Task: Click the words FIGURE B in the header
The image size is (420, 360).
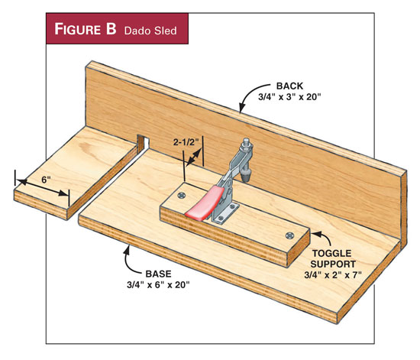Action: (86, 29)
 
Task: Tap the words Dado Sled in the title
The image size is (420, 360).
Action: (150, 31)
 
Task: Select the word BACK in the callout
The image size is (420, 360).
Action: (289, 86)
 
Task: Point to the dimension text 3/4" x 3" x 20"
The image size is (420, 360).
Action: (289, 97)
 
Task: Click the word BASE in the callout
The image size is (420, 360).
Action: (158, 274)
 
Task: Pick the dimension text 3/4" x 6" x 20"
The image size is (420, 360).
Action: (158, 284)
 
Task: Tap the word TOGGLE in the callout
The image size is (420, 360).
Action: (331, 253)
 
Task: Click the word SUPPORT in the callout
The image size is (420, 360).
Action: (333, 264)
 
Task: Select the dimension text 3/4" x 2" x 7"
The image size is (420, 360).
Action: (333, 275)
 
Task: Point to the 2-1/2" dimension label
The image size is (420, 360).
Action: (184, 142)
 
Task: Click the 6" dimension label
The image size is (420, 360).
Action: (46, 180)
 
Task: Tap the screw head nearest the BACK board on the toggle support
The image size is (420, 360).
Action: (182, 196)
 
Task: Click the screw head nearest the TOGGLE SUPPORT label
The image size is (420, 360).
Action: (290, 235)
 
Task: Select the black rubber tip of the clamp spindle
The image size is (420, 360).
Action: (245, 177)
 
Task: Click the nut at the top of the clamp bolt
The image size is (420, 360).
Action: (247, 145)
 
